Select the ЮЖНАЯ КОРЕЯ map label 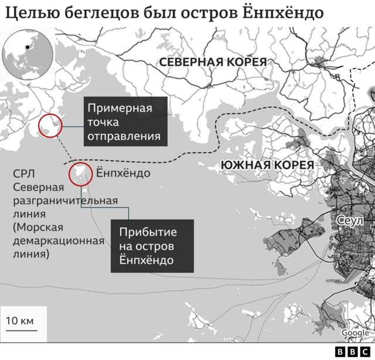267,166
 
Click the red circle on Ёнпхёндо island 80,174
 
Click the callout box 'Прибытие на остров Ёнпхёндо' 152,245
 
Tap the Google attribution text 355,333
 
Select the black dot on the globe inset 27,46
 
